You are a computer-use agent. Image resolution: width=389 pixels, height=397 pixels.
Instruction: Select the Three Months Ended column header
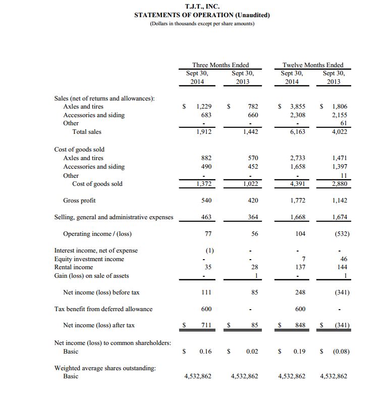point(220,65)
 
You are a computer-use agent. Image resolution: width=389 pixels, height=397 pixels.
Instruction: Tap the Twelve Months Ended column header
point(313,65)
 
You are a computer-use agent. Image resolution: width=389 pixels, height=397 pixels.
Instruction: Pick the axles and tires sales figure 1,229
point(204,107)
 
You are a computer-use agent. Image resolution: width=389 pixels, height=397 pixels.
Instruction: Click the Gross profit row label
point(79,201)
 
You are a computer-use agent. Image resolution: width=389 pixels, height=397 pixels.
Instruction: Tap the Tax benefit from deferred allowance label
point(103,309)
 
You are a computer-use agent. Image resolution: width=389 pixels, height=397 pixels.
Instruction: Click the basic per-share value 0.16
point(204,351)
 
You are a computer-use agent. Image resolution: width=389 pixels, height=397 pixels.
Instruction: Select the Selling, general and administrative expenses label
point(114,217)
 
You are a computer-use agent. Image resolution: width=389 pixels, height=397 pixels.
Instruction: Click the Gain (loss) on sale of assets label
point(91,275)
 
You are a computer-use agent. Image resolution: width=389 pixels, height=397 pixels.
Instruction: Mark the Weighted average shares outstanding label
point(105,368)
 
